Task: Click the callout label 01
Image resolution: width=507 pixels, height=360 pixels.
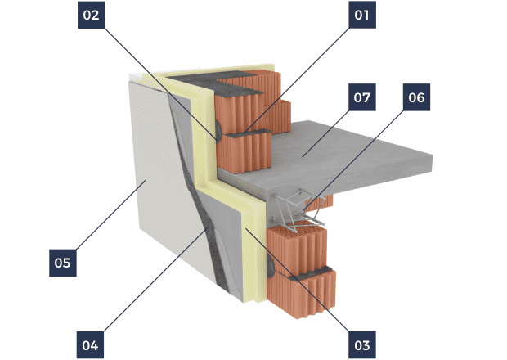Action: click(362, 15)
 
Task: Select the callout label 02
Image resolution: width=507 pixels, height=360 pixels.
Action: click(92, 15)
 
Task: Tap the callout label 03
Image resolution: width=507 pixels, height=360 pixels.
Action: click(362, 345)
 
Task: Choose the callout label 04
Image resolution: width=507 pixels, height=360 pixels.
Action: click(90, 345)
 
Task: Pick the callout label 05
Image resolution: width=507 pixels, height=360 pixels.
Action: click(63, 263)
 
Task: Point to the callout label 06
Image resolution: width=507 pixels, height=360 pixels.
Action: click(416, 97)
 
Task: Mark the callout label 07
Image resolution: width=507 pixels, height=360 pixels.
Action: click(362, 97)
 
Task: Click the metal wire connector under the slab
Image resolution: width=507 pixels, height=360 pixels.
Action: click(298, 210)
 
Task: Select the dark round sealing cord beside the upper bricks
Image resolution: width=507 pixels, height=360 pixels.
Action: click(218, 130)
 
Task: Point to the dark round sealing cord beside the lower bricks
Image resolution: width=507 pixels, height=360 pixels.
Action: click(271, 265)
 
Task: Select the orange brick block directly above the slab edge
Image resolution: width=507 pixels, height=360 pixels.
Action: click(245, 152)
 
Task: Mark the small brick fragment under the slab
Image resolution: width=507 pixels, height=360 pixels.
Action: click(320, 203)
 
